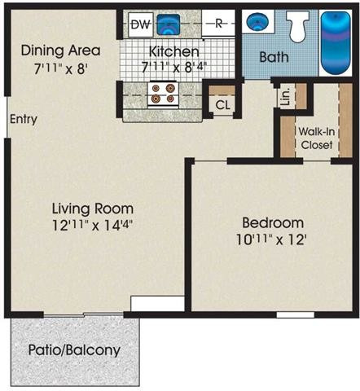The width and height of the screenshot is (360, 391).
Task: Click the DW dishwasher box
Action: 141,24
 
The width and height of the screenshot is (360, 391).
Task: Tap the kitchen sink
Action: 169,24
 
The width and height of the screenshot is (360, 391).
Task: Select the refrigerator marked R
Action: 218,24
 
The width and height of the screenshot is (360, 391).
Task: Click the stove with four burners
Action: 163,94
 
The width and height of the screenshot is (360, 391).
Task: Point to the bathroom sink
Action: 257,21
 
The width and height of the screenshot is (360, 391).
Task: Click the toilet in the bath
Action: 298,26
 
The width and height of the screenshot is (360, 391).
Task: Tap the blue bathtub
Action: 336,43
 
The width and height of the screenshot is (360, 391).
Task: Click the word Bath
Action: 274,57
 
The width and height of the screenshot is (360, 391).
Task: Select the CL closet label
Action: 222,105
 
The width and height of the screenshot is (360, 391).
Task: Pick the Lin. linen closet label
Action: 285,97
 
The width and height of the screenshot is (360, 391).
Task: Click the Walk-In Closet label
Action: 317,138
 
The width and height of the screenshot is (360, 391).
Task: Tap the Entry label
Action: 24,120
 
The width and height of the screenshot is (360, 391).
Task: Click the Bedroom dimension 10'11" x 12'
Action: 272,239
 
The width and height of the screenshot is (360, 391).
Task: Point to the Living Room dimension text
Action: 93,225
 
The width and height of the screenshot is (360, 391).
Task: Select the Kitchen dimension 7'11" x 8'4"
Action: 174,67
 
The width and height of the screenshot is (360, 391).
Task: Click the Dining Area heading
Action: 61,51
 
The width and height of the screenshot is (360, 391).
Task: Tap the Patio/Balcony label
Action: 74,350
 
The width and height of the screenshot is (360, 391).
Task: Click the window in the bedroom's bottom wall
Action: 296,315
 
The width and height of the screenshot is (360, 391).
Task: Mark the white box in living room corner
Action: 157,304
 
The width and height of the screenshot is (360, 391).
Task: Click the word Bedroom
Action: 273,223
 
